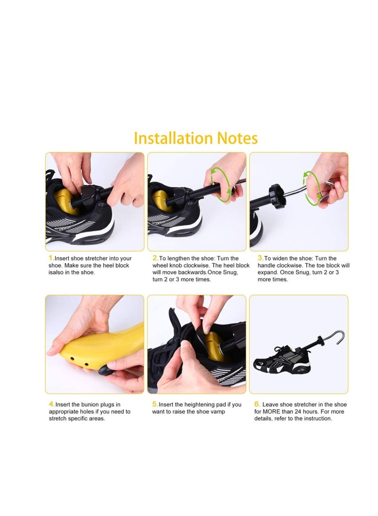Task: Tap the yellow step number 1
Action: pos(51,258)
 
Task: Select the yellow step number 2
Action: pos(155,258)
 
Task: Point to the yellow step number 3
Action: pos(260,258)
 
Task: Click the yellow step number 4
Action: pos(52,404)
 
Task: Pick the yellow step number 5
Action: pos(155,404)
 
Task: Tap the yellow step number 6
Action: pos(257,404)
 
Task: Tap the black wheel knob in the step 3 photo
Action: pos(277,196)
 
